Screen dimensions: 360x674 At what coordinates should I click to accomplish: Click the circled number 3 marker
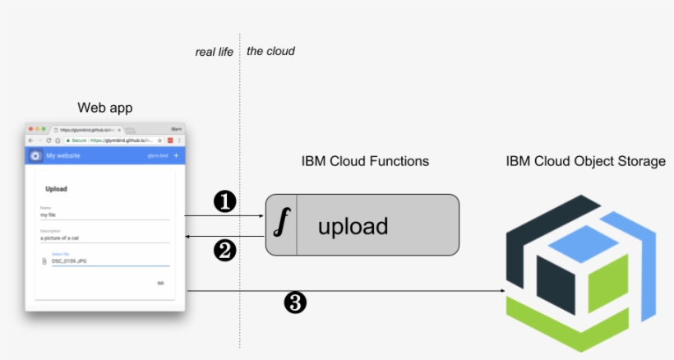pyautogui.click(x=294, y=303)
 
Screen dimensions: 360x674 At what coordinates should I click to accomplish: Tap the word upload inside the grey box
pyautogui.click(x=353, y=225)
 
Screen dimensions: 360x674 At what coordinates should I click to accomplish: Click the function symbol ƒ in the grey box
pyautogui.click(x=281, y=222)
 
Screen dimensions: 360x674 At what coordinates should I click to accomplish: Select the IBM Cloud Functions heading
pyautogui.click(x=365, y=161)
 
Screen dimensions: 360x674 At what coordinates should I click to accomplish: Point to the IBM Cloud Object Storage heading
pyautogui.click(x=585, y=161)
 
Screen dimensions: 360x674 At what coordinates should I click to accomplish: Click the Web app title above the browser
pyautogui.click(x=104, y=108)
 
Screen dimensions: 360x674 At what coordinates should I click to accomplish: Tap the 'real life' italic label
pyautogui.click(x=214, y=52)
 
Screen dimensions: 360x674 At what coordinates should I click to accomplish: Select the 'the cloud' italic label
pyautogui.click(x=270, y=52)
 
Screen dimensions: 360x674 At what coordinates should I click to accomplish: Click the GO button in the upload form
pyautogui.click(x=160, y=283)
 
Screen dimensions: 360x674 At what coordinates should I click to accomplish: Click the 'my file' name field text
pyautogui.click(x=48, y=215)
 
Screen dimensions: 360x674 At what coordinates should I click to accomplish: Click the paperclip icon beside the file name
pyautogui.click(x=44, y=261)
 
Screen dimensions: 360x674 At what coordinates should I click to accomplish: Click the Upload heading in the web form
pyautogui.click(x=56, y=189)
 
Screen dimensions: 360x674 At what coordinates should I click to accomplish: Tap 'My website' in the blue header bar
pyautogui.click(x=62, y=155)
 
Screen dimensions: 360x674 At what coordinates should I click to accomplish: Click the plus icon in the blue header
pyautogui.click(x=176, y=155)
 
